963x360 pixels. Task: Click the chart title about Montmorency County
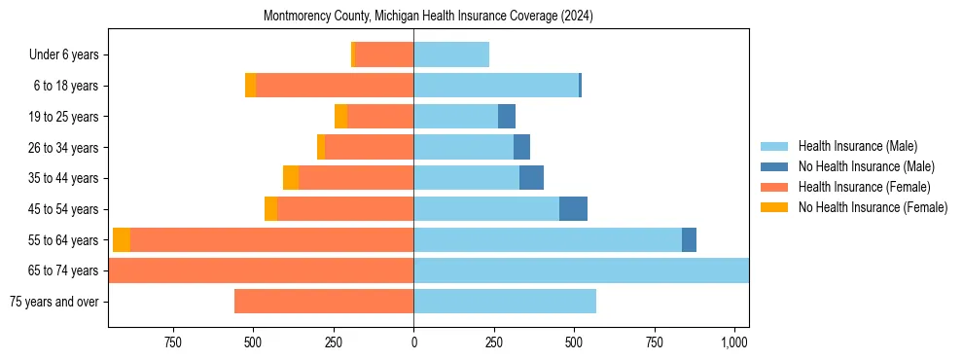pos(428,17)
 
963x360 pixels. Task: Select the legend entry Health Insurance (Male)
pos(857,146)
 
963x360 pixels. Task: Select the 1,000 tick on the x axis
pos(734,342)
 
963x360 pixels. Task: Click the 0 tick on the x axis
pos(413,342)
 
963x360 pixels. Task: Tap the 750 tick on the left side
pos(173,342)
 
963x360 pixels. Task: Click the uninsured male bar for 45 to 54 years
pos(573,209)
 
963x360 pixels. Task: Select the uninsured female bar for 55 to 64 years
pos(122,240)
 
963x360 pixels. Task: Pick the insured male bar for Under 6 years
pos(451,55)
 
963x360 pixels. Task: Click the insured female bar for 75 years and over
pos(324,302)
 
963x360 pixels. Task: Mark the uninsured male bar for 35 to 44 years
pos(531,178)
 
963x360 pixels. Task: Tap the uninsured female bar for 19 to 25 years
pos(340,117)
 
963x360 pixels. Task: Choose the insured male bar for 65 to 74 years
pos(581,270)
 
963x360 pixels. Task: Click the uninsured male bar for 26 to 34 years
pos(521,148)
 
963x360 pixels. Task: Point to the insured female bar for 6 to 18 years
pos(335,86)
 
